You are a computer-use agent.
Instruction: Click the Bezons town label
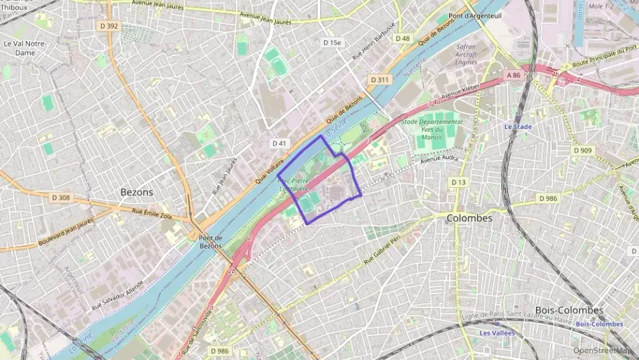point(137,192)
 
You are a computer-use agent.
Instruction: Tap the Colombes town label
point(469,218)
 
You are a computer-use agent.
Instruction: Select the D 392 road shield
point(108,26)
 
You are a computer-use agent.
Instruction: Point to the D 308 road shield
point(60,197)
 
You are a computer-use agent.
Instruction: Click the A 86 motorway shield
point(514,74)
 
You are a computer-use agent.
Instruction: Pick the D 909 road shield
point(582,150)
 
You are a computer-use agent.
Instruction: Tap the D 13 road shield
point(458,182)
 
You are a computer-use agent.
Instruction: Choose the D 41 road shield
point(279,143)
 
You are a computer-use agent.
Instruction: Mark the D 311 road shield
point(380,80)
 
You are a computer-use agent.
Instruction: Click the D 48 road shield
point(403,38)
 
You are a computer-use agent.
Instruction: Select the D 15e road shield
point(331,42)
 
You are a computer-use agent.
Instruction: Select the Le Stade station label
point(517,126)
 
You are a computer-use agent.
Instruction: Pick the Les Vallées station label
point(496,333)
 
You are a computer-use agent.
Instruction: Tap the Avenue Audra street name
point(437,161)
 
